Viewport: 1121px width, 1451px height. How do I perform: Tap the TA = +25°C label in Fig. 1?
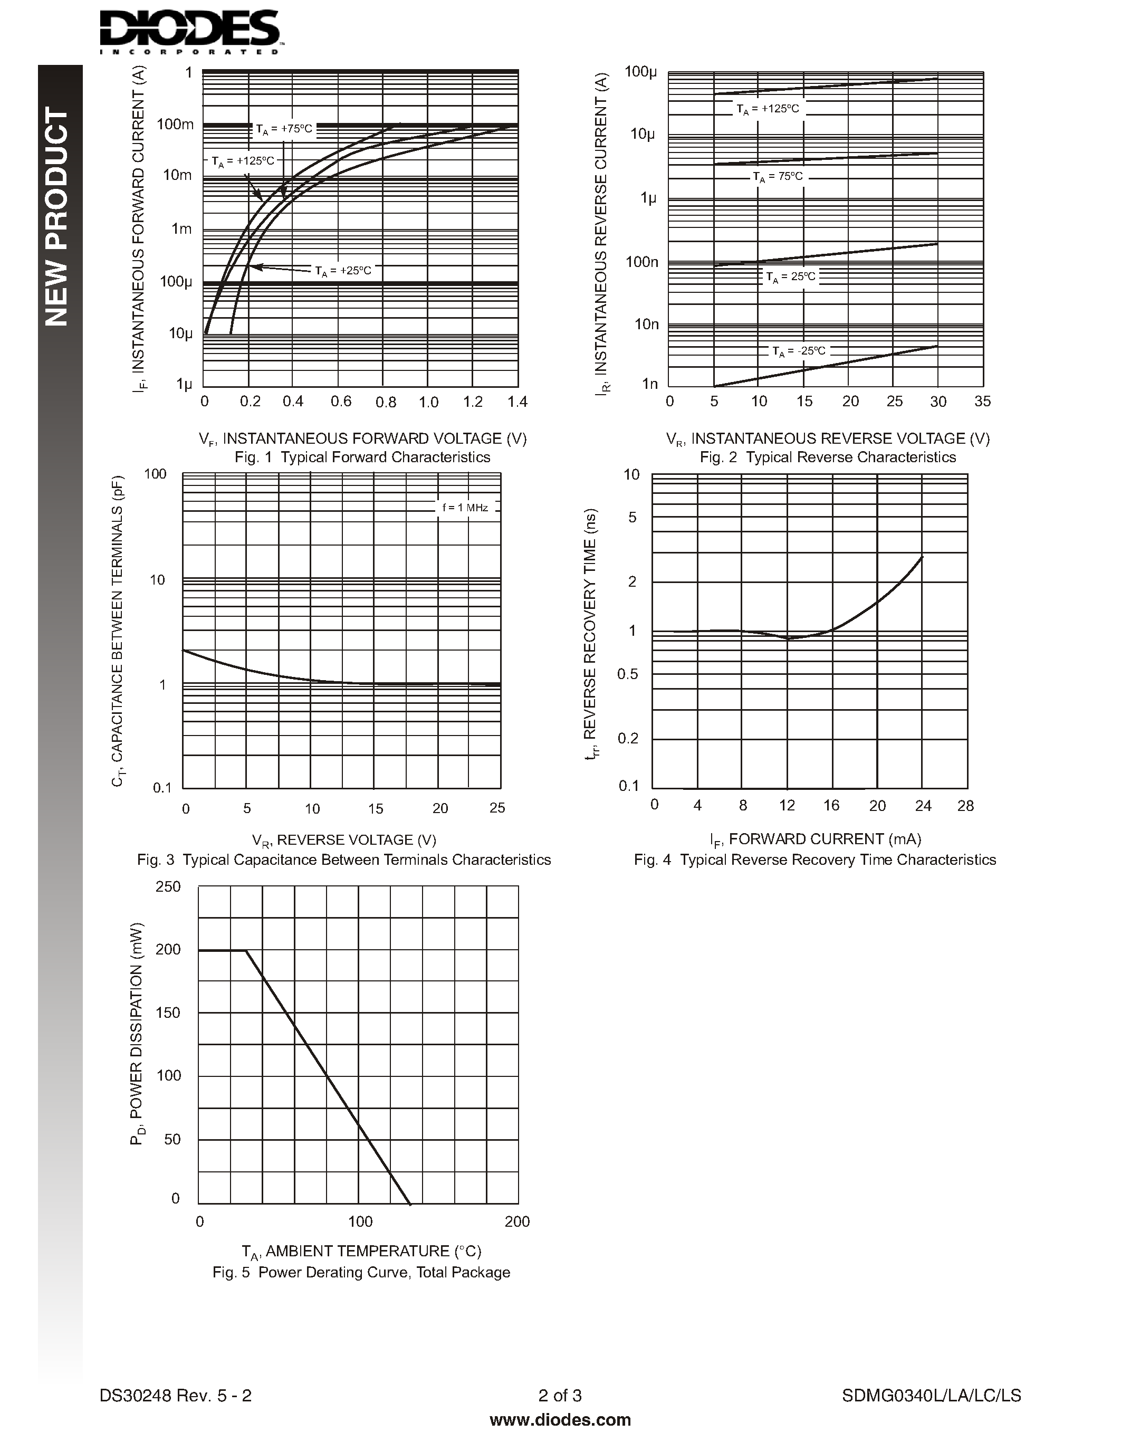(x=343, y=270)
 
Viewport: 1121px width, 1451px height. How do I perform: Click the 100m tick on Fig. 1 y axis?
(x=175, y=124)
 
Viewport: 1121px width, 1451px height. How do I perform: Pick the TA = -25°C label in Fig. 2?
(x=798, y=351)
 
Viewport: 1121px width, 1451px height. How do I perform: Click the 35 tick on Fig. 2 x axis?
(x=982, y=402)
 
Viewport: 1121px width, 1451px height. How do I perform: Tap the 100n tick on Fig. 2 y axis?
(x=641, y=262)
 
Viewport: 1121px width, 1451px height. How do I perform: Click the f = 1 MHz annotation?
(x=465, y=508)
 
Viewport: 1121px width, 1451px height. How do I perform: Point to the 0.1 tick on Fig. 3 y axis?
(x=162, y=788)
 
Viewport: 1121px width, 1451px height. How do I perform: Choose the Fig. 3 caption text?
(x=344, y=860)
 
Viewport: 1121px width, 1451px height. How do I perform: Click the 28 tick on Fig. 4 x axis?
(x=965, y=806)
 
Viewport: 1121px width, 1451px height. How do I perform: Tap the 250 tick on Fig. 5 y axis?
(x=167, y=887)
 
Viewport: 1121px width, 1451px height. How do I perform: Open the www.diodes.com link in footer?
(x=560, y=1420)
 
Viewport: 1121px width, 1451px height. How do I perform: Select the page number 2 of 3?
(x=560, y=1395)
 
